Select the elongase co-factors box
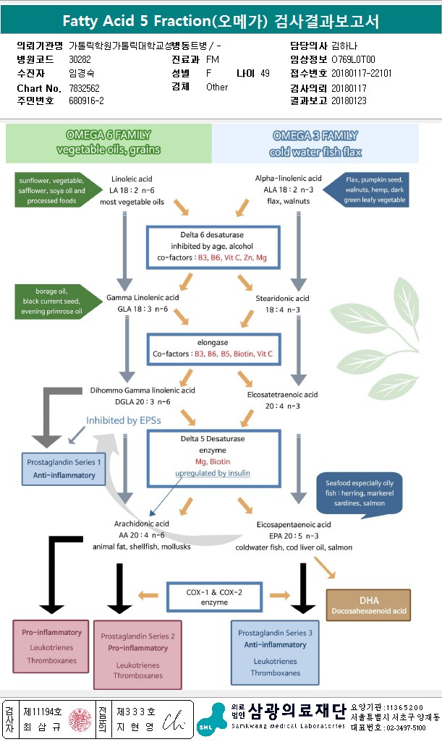click(213, 349)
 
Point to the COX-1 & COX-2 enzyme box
click(213, 596)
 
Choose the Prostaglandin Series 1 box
click(64, 469)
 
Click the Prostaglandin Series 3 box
click(275, 652)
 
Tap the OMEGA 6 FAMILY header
click(109, 142)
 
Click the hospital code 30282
click(80, 60)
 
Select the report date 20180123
click(349, 101)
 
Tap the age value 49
click(265, 74)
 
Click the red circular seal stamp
click(80, 720)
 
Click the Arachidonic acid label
click(141, 524)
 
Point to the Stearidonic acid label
click(282, 298)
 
